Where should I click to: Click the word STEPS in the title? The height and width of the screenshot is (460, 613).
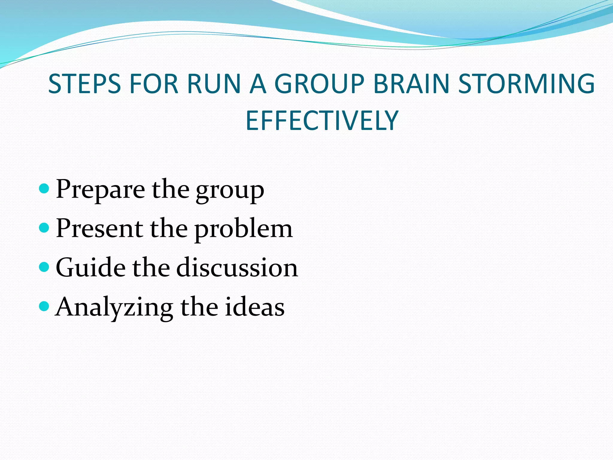tap(84, 84)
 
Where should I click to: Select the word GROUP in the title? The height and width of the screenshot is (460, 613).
tap(319, 84)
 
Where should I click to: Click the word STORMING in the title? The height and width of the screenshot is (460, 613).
tap(526, 84)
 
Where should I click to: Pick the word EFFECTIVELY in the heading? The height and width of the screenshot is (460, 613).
tap(322, 121)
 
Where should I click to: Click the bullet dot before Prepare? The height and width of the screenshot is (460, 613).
tap(44, 189)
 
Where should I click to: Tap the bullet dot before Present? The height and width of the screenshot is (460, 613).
tap(44, 228)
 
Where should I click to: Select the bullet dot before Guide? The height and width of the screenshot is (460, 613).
tap(44, 267)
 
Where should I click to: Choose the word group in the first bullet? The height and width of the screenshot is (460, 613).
tap(230, 192)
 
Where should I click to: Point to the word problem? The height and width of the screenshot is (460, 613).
tap(243, 230)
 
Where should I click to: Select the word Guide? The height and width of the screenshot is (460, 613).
tap(91, 267)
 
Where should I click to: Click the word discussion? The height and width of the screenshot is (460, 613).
tap(237, 267)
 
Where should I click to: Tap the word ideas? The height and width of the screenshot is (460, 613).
tap(254, 307)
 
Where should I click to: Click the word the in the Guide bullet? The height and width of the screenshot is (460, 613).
tap(151, 267)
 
